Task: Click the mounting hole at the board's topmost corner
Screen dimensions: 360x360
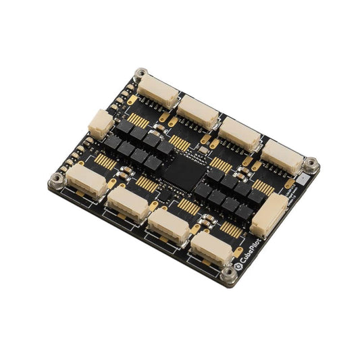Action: pyautogui.click(x=140, y=74)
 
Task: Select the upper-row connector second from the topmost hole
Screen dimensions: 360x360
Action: pyautogui.click(x=198, y=110)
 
